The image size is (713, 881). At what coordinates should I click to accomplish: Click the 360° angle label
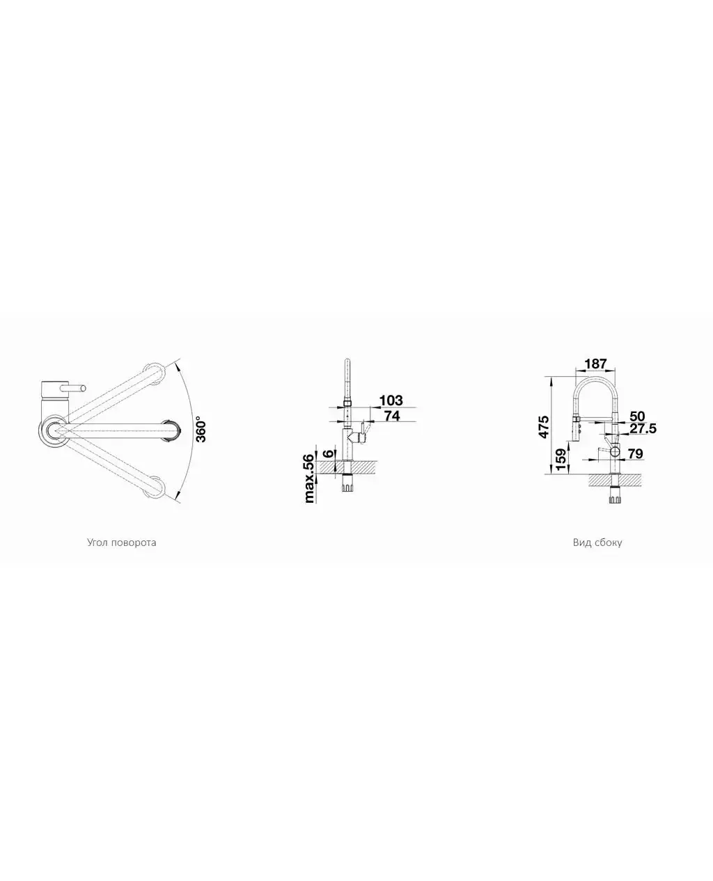pyautogui.click(x=201, y=430)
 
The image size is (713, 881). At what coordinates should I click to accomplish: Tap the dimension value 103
pyautogui.click(x=391, y=400)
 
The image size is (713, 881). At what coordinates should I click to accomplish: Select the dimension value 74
pyautogui.click(x=392, y=416)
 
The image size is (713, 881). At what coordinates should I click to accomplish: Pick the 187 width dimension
pyautogui.click(x=595, y=364)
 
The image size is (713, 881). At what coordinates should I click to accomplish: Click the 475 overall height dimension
pyautogui.click(x=543, y=426)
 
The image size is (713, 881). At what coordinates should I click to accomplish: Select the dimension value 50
pyautogui.click(x=637, y=416)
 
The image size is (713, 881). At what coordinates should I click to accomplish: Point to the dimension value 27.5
pyautogui.click(x=643, y=428)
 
